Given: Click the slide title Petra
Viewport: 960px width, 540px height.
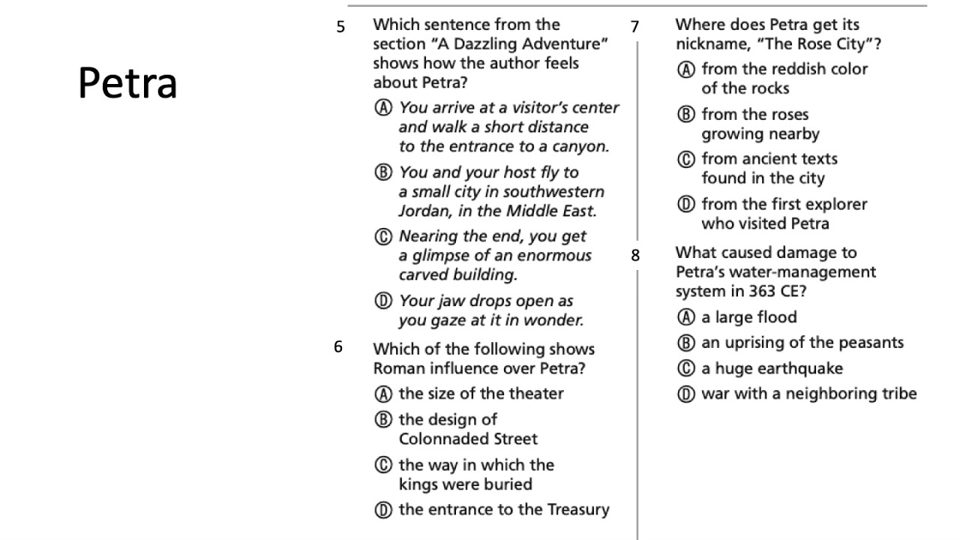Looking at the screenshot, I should (x=127, y=82).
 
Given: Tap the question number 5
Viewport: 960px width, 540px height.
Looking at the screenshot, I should (x=341, y=28).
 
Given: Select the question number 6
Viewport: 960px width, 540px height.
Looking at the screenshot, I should (x=339, y=346).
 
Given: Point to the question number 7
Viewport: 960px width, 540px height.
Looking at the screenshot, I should (x=635, y=28).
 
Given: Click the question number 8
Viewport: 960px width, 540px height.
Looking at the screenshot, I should (x=635, y=256).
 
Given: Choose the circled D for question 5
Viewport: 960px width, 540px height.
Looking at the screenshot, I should (x=383, y=301).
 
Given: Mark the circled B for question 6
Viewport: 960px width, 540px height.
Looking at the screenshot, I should (x=383, y=419).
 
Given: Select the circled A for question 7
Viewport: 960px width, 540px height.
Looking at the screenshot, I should (x=685, y=70).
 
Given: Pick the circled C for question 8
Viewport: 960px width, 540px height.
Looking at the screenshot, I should (x=685, y=368).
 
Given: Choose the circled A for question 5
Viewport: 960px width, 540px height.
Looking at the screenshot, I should (x=383, y=108).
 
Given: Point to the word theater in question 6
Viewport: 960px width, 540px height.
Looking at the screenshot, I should (x=536, y=393).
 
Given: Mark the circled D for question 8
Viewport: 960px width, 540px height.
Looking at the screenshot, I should (x=685, y=394).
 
